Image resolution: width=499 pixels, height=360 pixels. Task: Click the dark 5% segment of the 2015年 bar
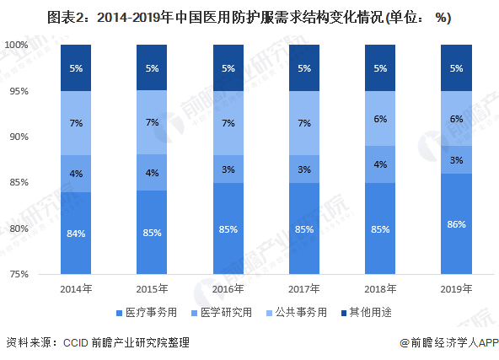click(152, 67)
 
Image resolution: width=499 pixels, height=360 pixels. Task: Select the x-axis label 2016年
click(228, 289)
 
